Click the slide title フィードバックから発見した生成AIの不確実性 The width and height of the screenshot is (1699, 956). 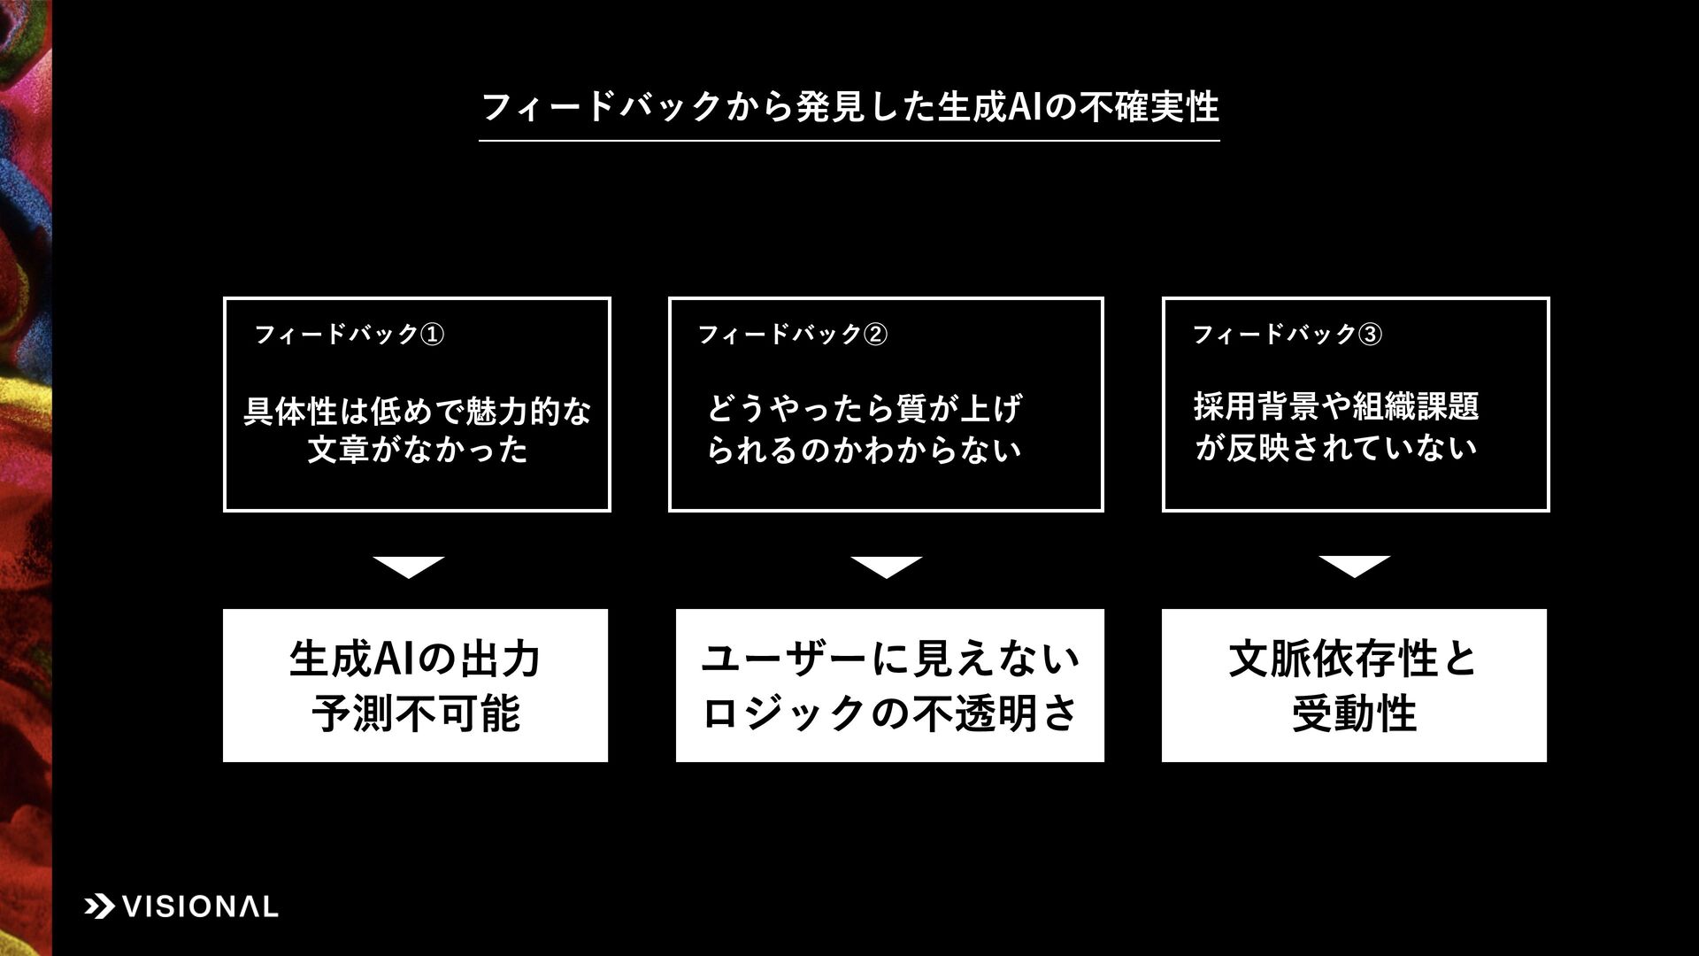coord(849,108)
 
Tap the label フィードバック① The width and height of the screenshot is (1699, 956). coord(349,335)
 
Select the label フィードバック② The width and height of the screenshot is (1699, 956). coord(792,335)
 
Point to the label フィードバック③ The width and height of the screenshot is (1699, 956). coord(1287,335)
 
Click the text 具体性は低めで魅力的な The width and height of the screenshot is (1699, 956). coord(417,412)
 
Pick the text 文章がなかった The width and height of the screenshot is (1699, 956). coord(417,450)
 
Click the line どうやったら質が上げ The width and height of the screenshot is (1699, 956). coord(864,409)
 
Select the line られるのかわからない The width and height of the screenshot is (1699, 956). coord(864,450)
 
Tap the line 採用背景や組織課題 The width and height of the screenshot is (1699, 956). coord(1336,406)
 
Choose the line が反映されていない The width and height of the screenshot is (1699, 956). coord(1336,447)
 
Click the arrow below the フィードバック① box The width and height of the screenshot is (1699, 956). coord(408,567)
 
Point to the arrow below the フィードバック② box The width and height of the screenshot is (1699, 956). coord(886,567)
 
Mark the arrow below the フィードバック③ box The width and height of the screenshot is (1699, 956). coord(1354,567)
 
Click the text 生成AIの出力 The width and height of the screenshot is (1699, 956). coord(415,659)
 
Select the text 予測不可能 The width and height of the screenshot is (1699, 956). coord(415,713)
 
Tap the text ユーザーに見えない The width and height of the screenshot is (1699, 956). coord(890,659)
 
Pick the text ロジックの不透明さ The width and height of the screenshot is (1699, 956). coord(890,713)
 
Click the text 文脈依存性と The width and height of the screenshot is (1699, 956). coord(1354,659)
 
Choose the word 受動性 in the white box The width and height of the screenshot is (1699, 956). coord(1354,713)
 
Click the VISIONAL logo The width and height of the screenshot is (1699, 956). coord(181,906)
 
